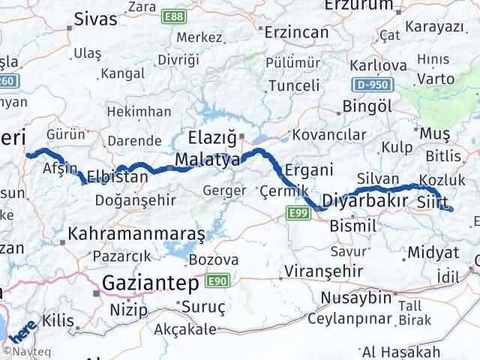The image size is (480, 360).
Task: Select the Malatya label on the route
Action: (208, 160)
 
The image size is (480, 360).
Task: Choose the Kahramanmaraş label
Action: (136, 234)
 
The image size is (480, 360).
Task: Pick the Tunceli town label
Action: (293, 85)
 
